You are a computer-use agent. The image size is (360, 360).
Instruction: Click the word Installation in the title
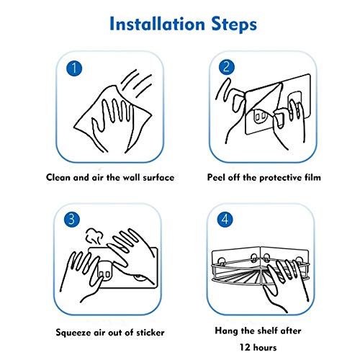[157, 24]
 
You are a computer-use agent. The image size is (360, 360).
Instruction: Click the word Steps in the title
[234, 25]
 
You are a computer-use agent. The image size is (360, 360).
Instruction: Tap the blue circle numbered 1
[74, 68]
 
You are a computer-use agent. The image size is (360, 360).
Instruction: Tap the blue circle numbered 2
[227, 67]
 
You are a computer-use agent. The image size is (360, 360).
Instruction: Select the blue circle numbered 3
[72, 220]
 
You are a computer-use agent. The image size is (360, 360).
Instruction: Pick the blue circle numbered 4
[225, 220]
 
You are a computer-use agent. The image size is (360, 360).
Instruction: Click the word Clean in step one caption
[58, 177]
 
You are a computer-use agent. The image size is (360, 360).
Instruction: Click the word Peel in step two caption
[216, 177]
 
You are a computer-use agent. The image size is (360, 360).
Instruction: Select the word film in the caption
[312, 177]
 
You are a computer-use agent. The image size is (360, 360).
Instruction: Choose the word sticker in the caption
[150, 333]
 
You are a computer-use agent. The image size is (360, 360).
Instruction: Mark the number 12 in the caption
[245, 348]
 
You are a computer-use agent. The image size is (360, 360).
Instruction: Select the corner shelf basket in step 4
[261, 272]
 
